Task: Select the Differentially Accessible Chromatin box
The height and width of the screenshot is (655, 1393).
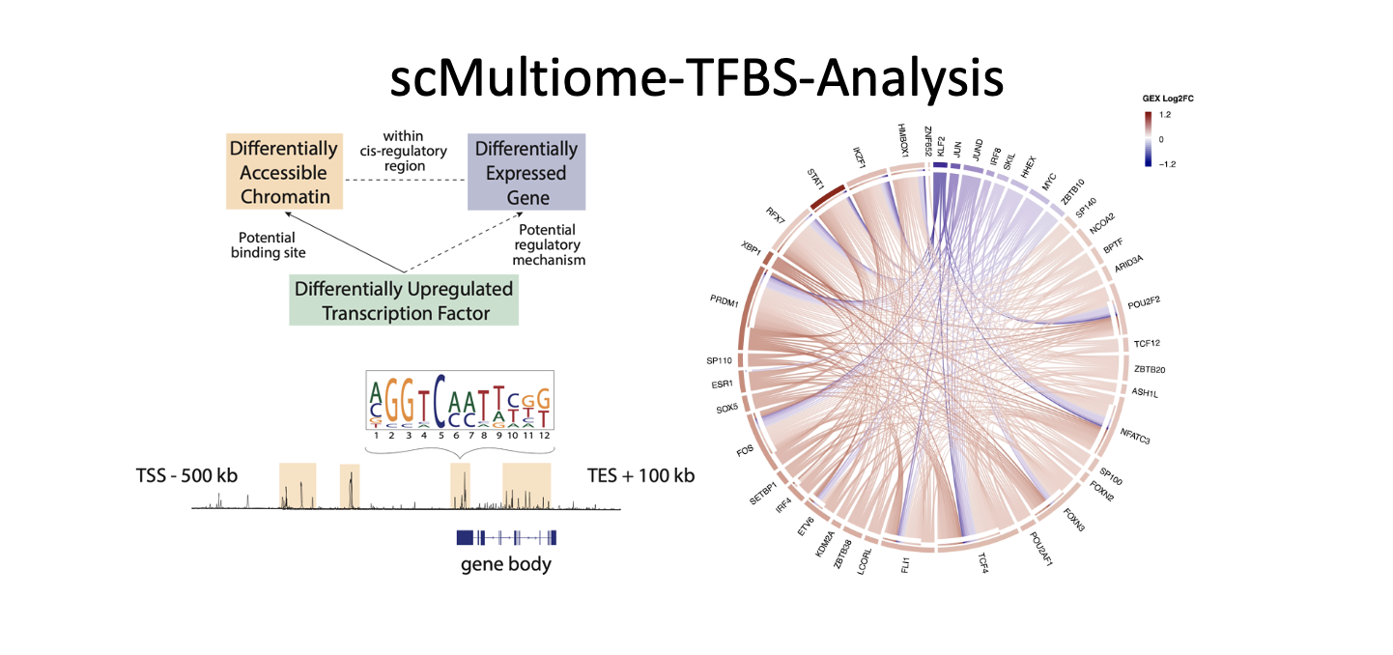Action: pyautogui.click(x=283, y=173)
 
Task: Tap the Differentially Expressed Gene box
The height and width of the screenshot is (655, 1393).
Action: pyautogui.click(x=526, y=173)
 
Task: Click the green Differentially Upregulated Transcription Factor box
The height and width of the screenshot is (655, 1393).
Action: pyautogui.click(x=404, y=300)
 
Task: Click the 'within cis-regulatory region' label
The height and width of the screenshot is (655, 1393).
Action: pyautogui.click(x=403, y=152)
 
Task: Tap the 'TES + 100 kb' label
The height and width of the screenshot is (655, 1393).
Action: pyautogui.click(x=640, y=476)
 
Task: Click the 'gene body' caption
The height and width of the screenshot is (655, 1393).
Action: pyautogui.click(x=506, y=563)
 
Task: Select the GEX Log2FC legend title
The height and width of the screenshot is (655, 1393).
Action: pyautogui.click(x=1170, y=100)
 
